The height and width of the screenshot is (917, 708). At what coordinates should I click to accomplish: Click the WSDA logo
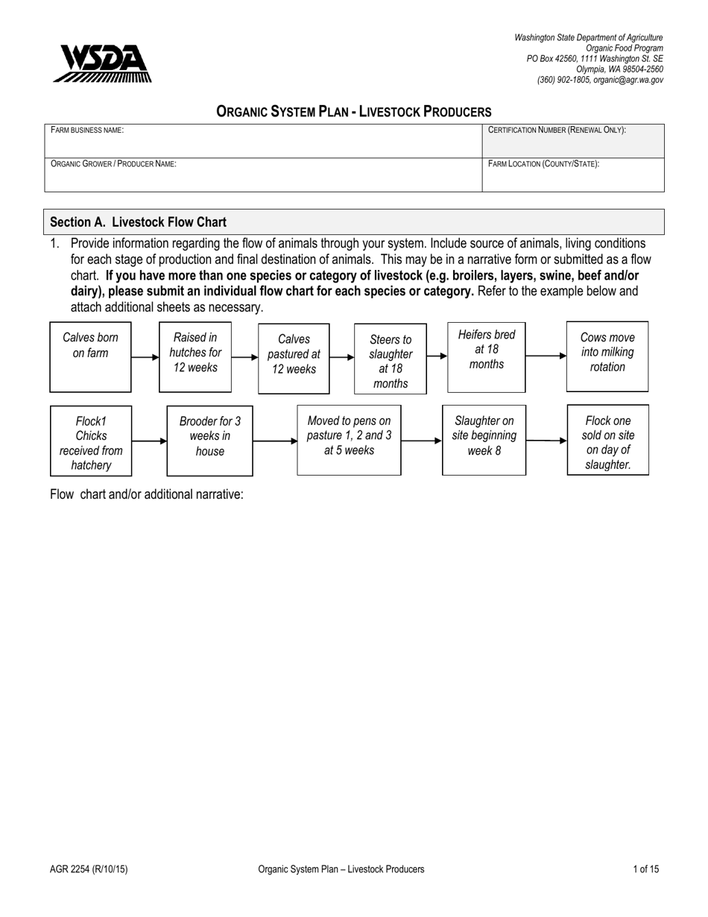(x=102, y=63)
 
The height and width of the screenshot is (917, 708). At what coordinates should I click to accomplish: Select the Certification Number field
(x=572, y=141)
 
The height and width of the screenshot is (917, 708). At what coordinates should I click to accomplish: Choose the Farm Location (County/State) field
(x=572, y=175)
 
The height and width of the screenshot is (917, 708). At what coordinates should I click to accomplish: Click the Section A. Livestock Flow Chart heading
(x=138, y=222)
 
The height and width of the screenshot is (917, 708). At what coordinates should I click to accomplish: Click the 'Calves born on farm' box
(x=90, y=356)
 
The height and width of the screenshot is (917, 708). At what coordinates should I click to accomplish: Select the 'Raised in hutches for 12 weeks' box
(x=195, y=356)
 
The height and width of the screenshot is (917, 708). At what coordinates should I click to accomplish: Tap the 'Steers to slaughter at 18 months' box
(x=391, y=359)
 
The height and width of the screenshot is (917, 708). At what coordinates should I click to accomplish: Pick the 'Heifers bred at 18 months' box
(x=486, y=356)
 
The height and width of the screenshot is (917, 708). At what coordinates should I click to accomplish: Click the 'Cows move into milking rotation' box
(x=607, y=356)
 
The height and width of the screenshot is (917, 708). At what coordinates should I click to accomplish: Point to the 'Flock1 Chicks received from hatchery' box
(x=91, y=441)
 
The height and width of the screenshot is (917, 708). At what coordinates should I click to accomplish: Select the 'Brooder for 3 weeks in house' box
(x=209, y=441)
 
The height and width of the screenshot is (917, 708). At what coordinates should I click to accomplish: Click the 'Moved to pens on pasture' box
(x=349, y=440)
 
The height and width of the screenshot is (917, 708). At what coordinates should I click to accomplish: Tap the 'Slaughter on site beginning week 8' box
(x=484, y=440)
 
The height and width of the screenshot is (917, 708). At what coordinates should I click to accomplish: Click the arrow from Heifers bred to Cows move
(x=546, y=356)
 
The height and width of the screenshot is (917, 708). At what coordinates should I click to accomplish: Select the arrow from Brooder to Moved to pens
(x=274, y=441)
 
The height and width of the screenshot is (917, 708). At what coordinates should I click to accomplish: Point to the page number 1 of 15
(x=645, y=869)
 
